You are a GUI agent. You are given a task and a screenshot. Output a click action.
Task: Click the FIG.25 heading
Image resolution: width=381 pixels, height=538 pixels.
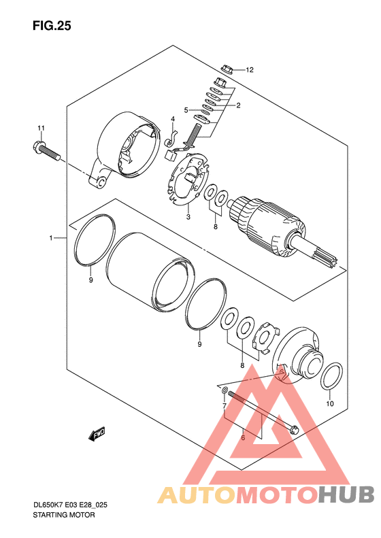(52, 26)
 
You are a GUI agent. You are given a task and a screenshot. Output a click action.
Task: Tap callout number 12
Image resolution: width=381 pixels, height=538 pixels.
(250, 70)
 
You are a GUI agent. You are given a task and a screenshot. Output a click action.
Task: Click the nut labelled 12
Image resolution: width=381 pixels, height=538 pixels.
(227, 69)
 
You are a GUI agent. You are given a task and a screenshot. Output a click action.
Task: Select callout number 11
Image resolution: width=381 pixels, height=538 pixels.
(42, 129)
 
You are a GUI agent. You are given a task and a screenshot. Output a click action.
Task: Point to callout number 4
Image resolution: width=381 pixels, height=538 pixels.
(173, 119)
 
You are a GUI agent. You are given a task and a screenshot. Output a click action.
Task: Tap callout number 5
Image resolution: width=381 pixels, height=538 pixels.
(186, 110)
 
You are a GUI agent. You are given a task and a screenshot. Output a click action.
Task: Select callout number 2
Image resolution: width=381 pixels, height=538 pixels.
(238, 105)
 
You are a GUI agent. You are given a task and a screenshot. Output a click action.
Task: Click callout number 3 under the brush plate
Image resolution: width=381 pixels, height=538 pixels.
(188, 217)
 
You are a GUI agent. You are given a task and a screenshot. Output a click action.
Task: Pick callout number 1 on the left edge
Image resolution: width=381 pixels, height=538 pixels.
(51, 238)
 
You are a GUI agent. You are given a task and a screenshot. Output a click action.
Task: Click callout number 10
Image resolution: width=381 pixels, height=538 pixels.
(330, 403)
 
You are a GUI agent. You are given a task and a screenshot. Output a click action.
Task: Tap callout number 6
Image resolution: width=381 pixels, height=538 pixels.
(243, 437)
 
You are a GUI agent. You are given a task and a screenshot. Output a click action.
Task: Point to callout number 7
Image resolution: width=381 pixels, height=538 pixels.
(225, 406)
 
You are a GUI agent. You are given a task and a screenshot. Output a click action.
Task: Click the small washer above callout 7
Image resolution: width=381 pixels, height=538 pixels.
(225, 390)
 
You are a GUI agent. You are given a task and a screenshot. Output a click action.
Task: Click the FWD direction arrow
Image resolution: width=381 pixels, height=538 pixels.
(97, 434)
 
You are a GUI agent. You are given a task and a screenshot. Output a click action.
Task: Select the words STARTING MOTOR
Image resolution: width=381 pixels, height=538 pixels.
(64, 515)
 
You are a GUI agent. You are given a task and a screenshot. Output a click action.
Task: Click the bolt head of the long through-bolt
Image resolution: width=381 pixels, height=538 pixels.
(293, 429)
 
